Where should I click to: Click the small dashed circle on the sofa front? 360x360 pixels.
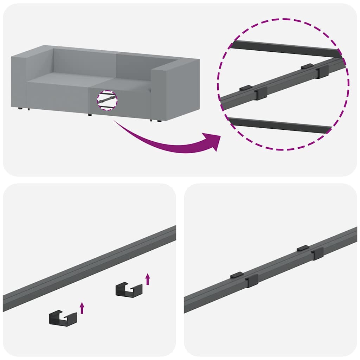click(107, 100)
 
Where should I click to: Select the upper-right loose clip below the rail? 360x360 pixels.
click(129, 290)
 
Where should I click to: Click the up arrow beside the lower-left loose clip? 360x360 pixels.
click(82, 308)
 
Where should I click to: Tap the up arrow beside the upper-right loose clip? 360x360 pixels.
click(148, 279)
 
